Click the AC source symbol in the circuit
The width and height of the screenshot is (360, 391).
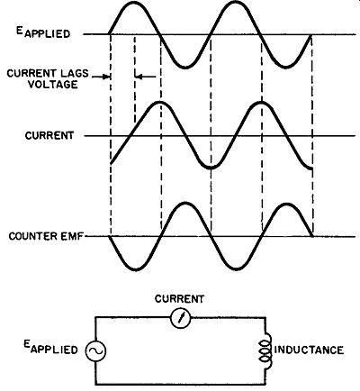point(95,350)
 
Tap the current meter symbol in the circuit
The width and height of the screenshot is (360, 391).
point(180,318)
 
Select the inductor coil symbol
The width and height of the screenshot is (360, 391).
point(266,350)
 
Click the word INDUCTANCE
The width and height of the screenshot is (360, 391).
point(309,350)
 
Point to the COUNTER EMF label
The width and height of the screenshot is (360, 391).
point(46,236)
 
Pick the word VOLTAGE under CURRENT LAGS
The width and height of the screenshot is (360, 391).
point(53,85)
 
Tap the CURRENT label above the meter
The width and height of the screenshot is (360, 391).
point(179,299)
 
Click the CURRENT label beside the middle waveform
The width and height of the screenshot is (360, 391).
point(49,136)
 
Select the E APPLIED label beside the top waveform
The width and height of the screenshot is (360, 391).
point(43,32)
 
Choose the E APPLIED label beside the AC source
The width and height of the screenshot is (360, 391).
point(50,348)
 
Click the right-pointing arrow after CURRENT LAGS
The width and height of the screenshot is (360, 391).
point(101,77)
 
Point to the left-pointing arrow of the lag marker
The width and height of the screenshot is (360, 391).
point(146,77)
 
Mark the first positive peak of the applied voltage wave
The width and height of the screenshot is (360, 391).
point(134,3)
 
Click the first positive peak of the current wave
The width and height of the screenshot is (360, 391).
point(160,103)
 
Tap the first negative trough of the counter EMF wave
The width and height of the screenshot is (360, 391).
point(136,269)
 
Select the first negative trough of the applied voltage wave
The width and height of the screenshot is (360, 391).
point(185,68)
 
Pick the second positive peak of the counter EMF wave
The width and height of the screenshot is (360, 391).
point(287,205)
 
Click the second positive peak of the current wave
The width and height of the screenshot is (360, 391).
point(262,103)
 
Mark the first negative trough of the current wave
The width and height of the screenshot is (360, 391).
point(211,168)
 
